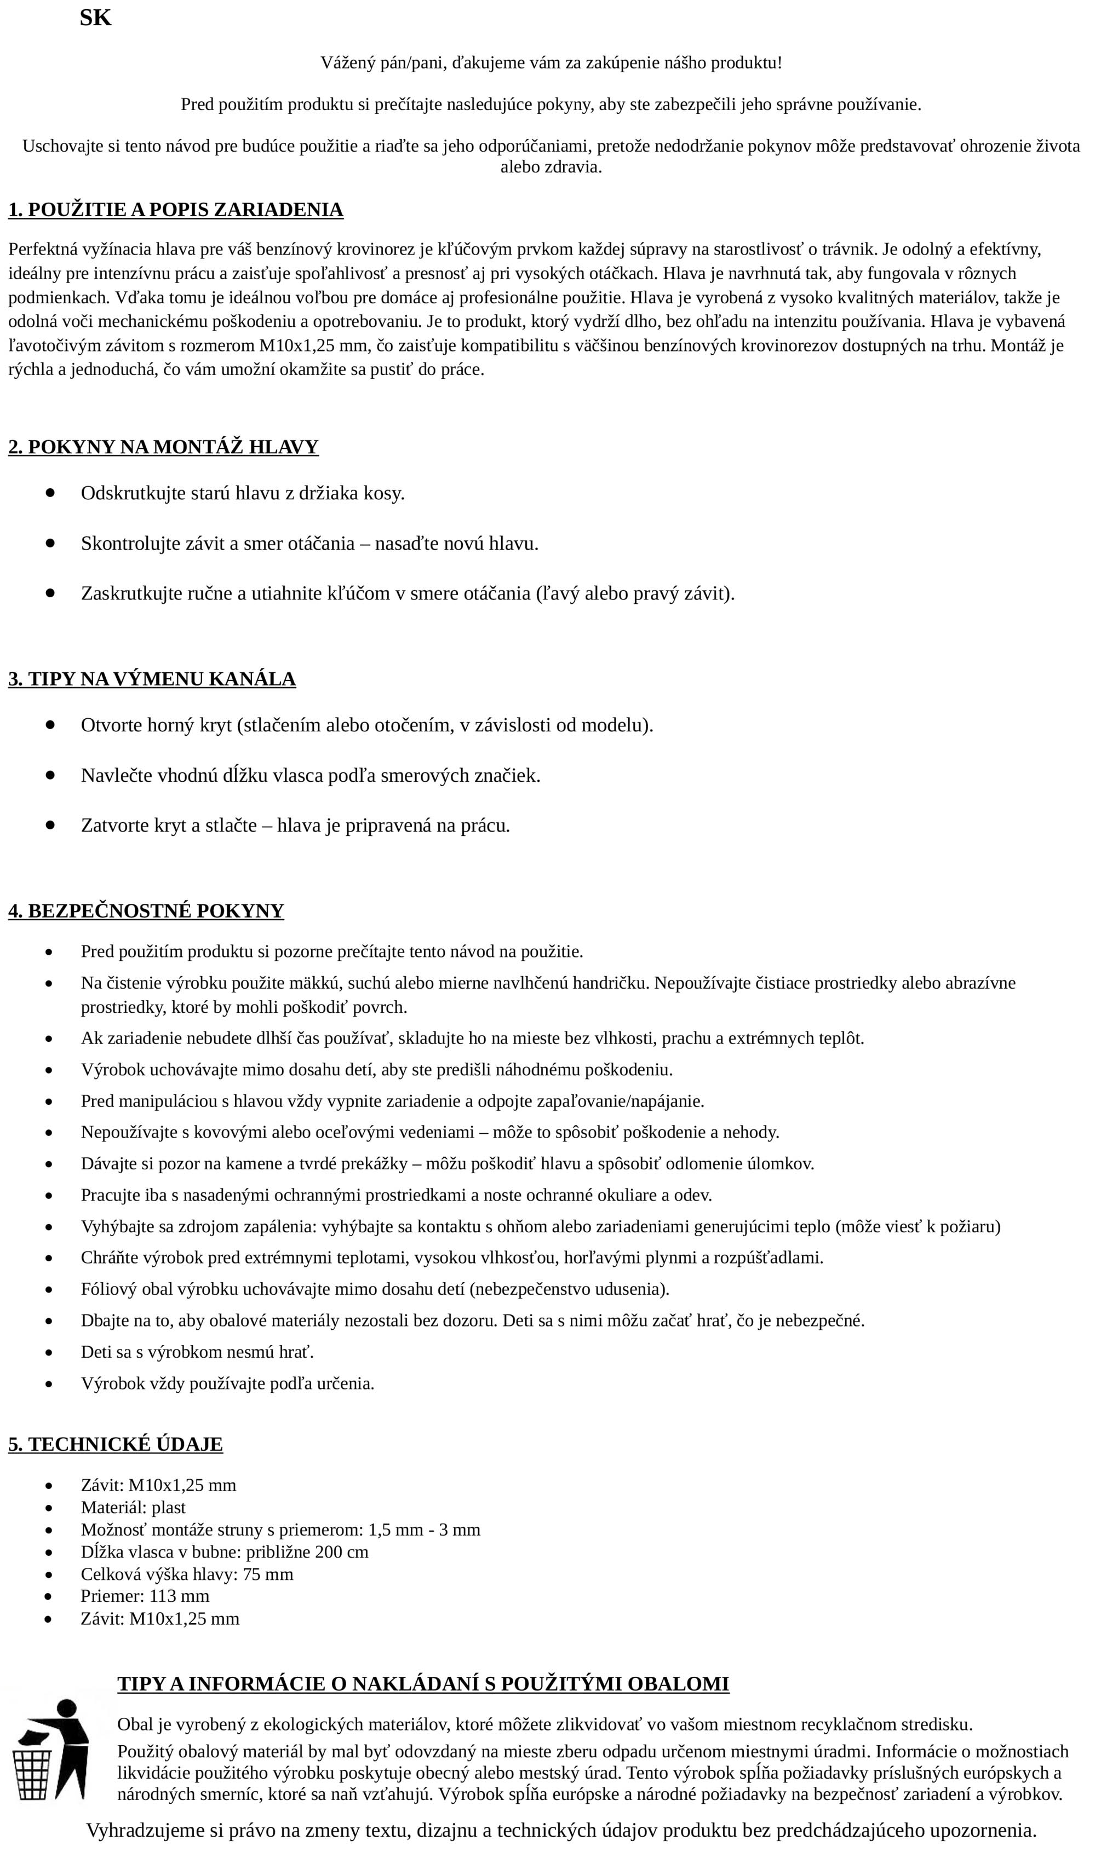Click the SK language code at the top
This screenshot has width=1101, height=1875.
click(95, 18)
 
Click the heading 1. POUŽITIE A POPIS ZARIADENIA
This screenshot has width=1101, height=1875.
click(176, 211)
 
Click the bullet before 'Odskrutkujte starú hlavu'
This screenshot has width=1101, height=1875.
click(50, 493)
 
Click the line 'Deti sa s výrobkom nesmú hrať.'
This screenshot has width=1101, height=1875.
click(197, 1353)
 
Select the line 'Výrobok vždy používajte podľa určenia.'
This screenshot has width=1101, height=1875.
click(228, 1384)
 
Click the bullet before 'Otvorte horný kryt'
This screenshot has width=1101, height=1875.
click(50, 725)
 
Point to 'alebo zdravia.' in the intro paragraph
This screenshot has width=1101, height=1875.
click(551, 168)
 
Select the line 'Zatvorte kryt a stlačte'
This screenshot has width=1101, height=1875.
click(296, 826)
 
